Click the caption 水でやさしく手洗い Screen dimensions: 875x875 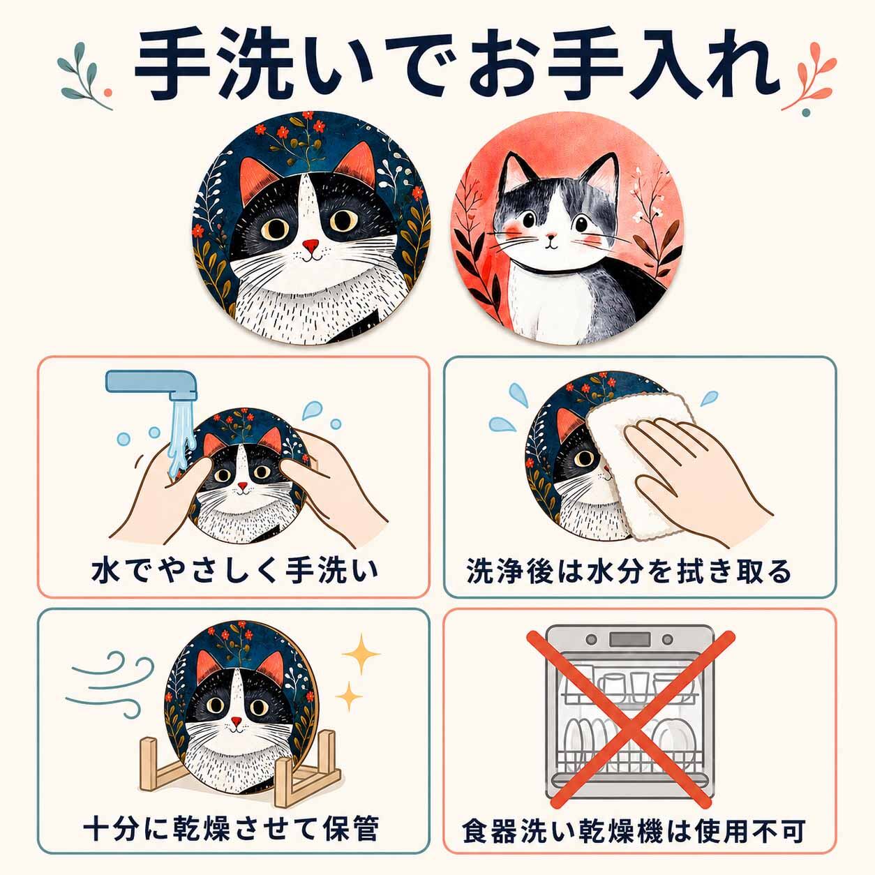[x=234, y=571]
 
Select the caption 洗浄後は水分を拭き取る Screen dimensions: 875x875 [x=629, y=571]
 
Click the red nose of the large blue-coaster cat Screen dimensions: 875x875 [x=311, y=246]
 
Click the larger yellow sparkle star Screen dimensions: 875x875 [x=361, y=654]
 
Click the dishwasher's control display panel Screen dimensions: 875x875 [x=629, y=640]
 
